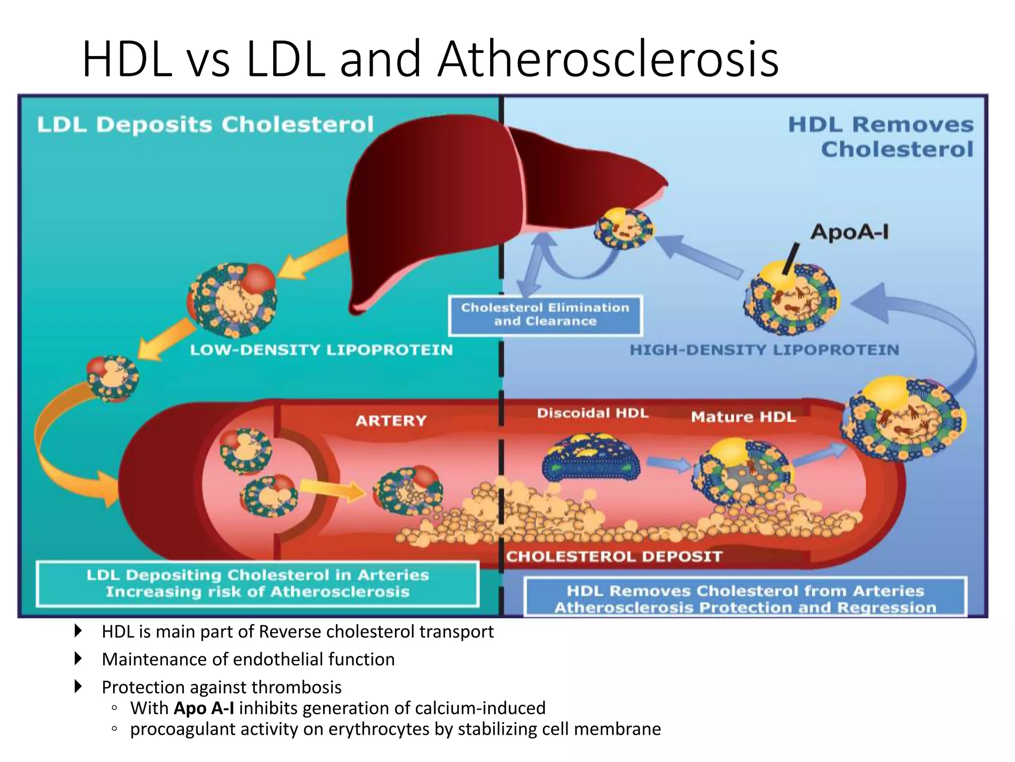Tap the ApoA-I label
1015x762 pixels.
[x=849, y=232]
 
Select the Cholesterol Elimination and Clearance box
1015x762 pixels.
[x=545, y=315]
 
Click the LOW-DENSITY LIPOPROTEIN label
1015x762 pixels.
[x=321, y=350]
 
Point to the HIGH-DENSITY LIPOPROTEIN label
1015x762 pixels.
[x=764, y=350]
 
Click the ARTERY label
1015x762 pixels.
[x=391, y=421]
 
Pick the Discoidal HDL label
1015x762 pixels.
[x=593, y=413]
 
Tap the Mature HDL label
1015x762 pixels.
[x=743, y=417]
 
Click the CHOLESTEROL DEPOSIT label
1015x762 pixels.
[x=614, y=557]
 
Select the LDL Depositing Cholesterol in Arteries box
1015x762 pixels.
[x=258, y=583]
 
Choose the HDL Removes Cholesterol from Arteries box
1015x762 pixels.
[x=745, y=598]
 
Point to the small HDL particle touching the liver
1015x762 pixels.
[x=624, y=229]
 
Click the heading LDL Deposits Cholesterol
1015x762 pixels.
[x=205, y=125]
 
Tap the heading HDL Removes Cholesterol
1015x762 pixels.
[x=881, y=137]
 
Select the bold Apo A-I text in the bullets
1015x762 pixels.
[x=204, y=708]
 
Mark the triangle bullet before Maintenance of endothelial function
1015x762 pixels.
[x=78, y=659]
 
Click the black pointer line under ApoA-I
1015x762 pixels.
[x=791, y=258]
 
